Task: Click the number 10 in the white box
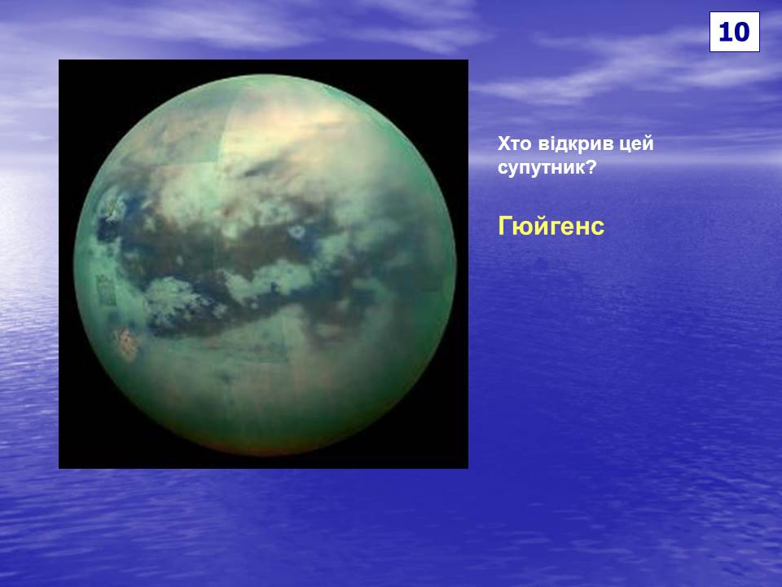(x=734, y=32)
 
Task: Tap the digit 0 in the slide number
(x=741, y=32)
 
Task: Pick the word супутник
(x=541, y=168)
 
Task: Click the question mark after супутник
(x=591, y=166)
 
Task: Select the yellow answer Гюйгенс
(x=551, y=226)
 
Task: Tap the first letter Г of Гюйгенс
(x=505, y=226)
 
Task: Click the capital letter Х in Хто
(x=504, y=143)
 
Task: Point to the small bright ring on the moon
(x=298, y=232)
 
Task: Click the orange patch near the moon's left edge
(x=125, y=343)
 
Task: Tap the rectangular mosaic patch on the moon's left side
(x=106, y=290)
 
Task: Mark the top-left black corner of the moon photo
(x=59, y=61)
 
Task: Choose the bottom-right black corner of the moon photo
(x=467, y=467)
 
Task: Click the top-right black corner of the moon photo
(x=467, y=61)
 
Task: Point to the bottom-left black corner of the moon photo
(x=59, y=467)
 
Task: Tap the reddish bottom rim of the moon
(x=264, y=448)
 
